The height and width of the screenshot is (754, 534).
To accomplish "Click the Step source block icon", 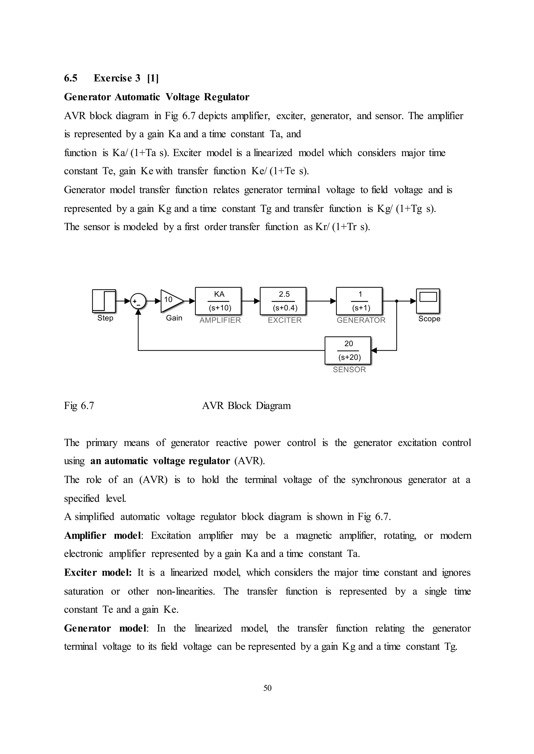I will click(104, 301).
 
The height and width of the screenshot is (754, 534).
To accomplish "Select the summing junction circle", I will click(138, 301).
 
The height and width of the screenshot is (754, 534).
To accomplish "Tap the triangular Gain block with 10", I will click(171, 301).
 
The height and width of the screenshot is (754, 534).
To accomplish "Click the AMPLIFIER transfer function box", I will click(218, 301).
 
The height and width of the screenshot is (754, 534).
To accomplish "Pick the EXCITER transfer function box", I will click(283, 301).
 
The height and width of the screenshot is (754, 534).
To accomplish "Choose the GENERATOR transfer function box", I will click(359, 301).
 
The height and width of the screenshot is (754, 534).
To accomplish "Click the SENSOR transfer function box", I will click(348, 350).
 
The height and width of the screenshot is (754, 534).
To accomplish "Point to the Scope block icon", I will click(428, 301).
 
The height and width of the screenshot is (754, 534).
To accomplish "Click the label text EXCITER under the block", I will click(284, 320).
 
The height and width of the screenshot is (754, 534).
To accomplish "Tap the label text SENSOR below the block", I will click(349, 370).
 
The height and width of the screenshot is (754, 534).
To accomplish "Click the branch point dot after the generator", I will click(397, 301).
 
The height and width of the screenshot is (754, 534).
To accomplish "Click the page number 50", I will click(267, 688).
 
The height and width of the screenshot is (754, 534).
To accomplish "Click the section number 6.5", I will click(71, 78).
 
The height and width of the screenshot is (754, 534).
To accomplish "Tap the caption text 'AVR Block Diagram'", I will click(246, 406).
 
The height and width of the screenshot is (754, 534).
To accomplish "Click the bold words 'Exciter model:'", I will click(98, 573).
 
